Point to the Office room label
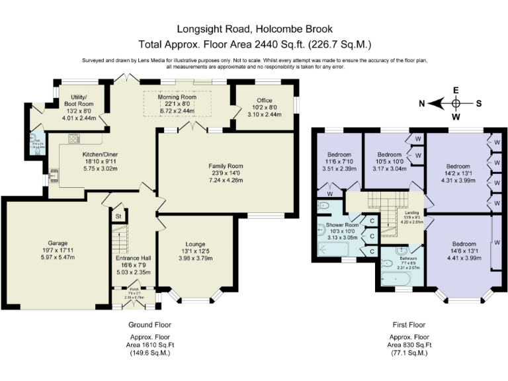(x=263, y=100)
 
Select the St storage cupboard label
(x=118, y=216)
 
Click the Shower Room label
(x=342, y=225)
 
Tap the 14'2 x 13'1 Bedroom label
(x=458, y=166)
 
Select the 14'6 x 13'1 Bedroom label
(x=458, y=242)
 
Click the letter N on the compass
(x=421, y=104)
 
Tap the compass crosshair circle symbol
(x=456, y=104)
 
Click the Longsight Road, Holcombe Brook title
(x=254, y=29)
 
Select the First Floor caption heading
(x=407, y=325)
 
